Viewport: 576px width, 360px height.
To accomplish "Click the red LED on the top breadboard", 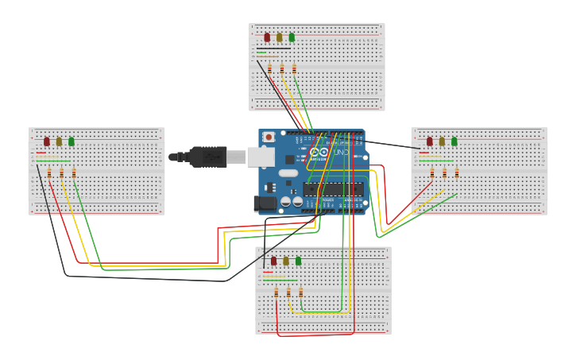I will click(267, 37).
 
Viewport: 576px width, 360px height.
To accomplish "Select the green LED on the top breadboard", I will click(292, 37).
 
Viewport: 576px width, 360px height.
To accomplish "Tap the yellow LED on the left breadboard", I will click(59, 141).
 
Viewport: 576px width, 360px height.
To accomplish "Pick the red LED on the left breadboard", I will click(47, 141).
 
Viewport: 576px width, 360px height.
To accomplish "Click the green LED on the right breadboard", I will click(454, 141).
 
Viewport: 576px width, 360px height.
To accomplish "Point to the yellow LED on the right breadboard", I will click(442, 141).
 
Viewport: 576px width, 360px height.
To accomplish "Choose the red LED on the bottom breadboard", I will click(273, 261).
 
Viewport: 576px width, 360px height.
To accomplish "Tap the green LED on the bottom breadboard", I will click(299, 261).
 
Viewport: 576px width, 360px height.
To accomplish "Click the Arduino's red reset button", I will click(269, 137).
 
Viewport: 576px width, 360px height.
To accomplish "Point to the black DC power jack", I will click(265, 203).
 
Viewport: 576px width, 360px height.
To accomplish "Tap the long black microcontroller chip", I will click(333, 189).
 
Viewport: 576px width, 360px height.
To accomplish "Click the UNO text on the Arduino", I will click(340, 152).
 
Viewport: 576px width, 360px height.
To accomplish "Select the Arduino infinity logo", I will click(319, 152).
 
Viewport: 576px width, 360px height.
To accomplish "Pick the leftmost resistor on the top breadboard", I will click(269, 68).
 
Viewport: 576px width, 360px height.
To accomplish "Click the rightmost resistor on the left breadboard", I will click(74, 172).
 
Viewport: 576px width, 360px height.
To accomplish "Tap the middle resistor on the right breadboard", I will click(444, 172).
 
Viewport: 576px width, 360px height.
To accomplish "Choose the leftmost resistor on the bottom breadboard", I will click(276, 292).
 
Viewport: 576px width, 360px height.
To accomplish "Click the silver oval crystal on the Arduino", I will click(288, 172).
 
